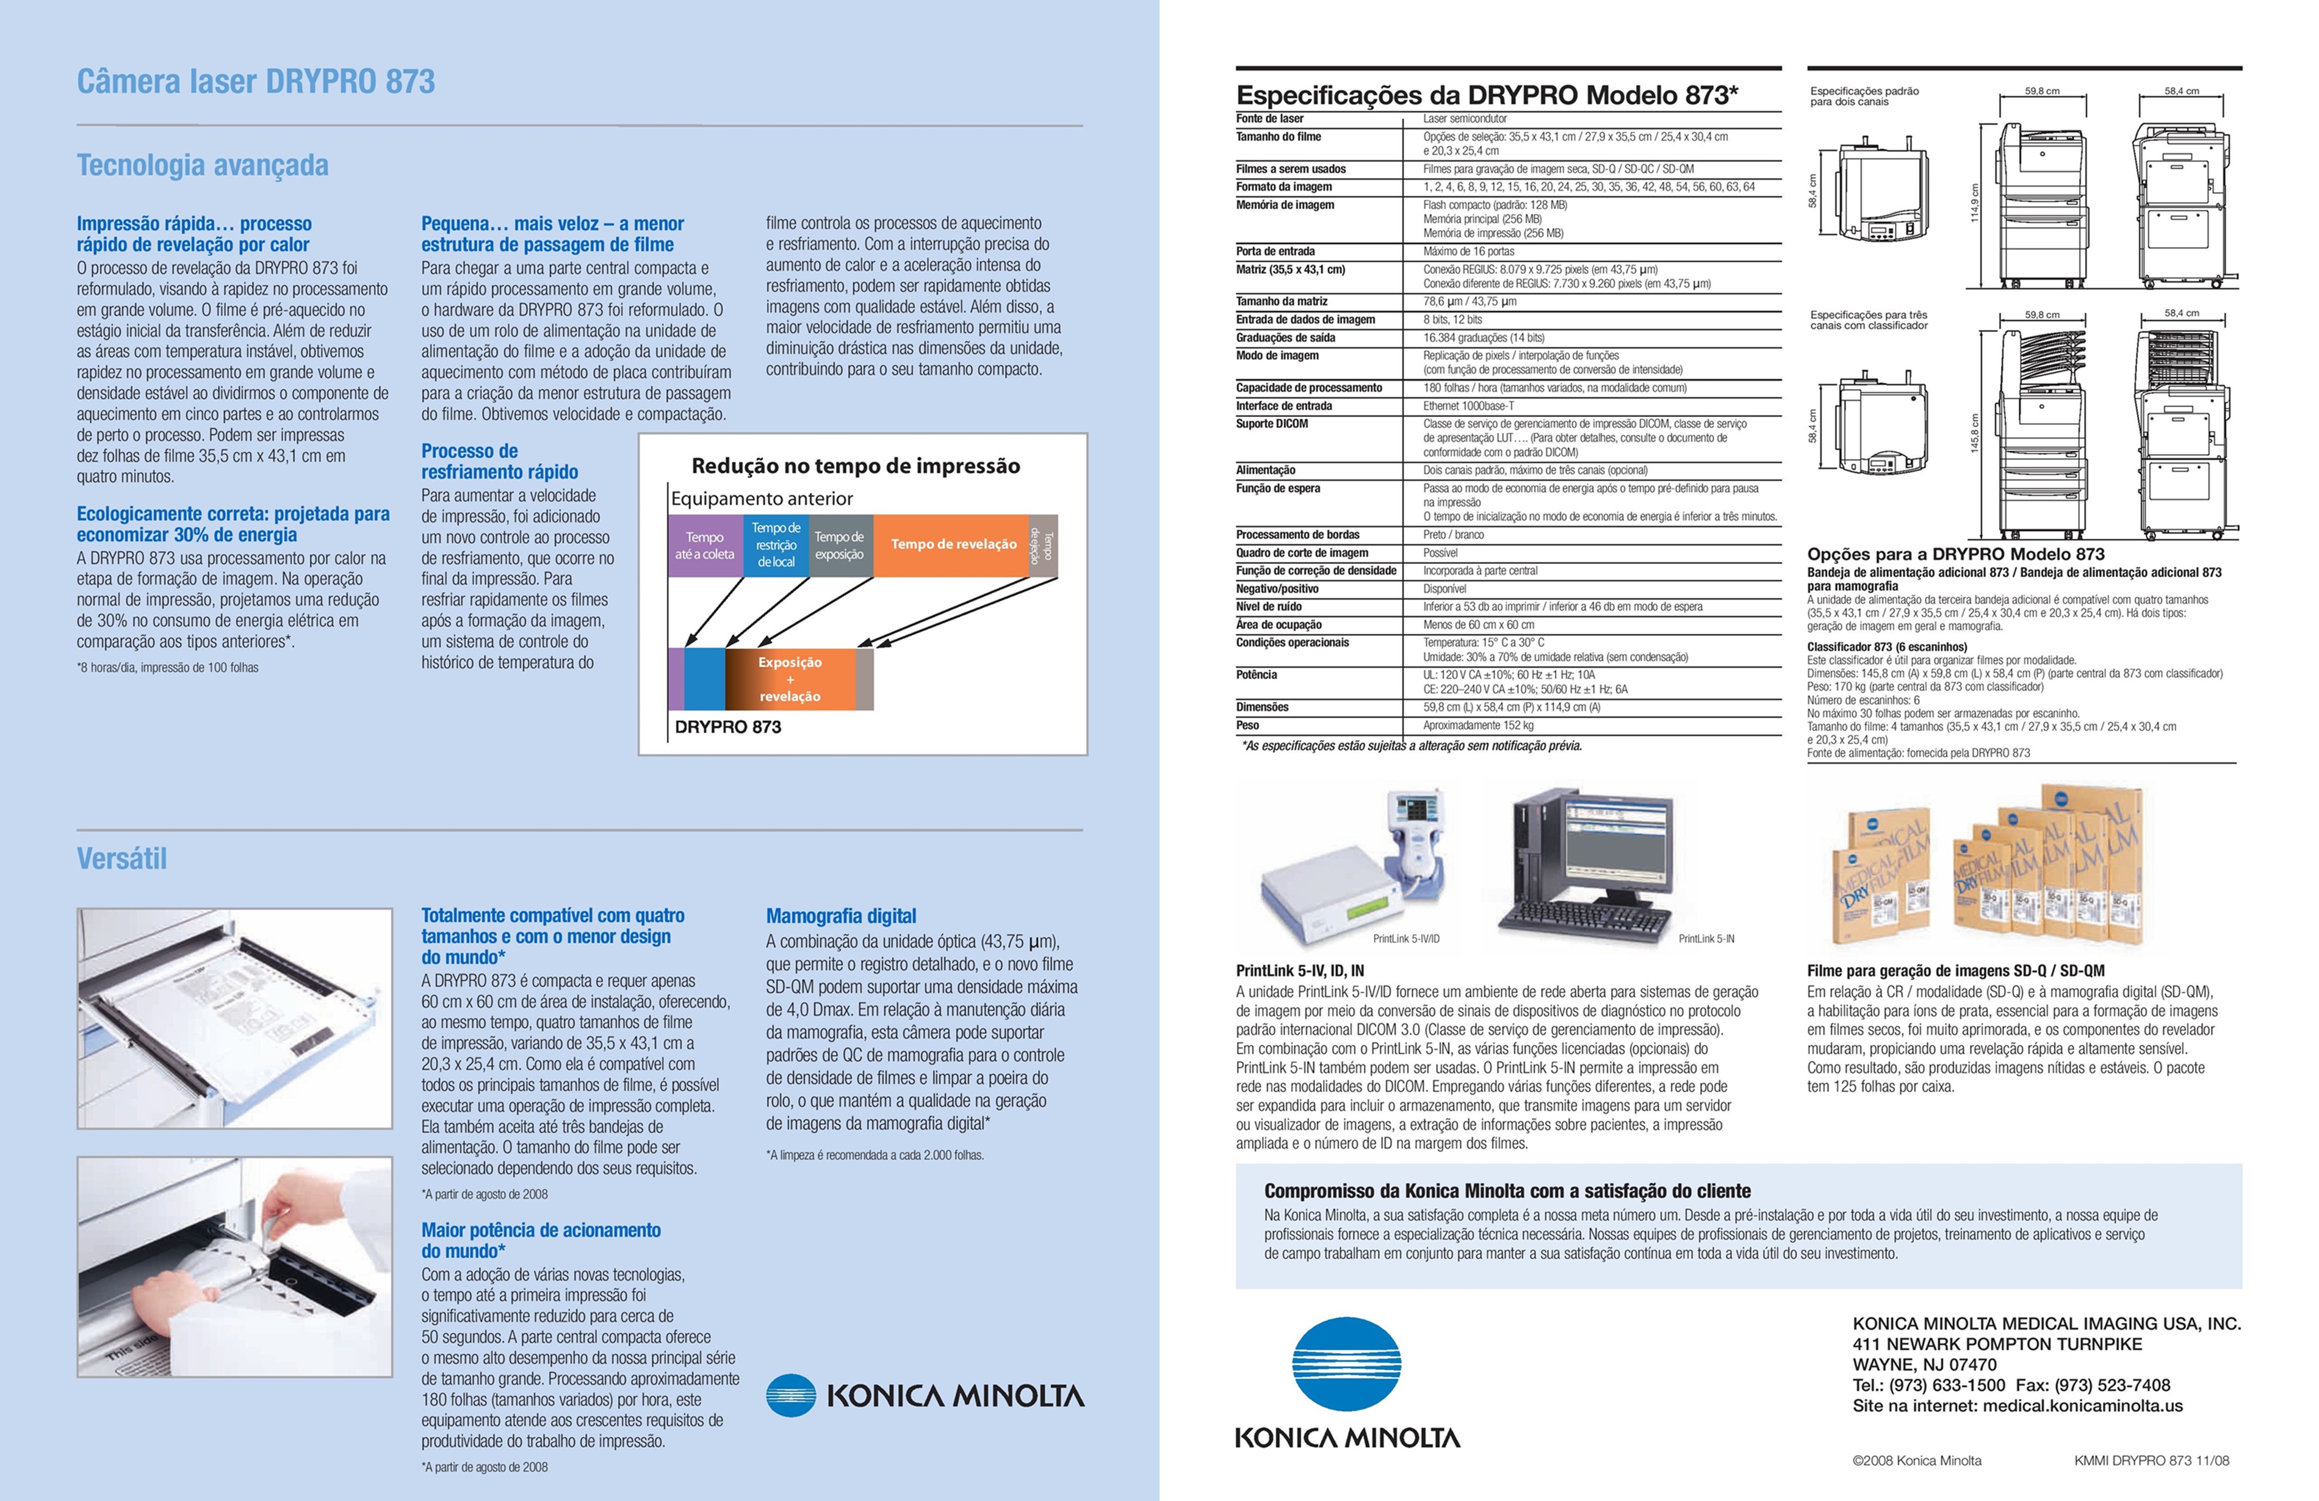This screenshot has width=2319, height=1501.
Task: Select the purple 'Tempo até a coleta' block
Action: point(704,546)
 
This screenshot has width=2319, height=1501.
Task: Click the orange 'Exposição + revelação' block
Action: point(790,678)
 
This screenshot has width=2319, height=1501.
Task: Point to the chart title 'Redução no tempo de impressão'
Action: point(856,466)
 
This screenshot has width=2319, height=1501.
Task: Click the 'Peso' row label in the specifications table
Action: point(1247,725)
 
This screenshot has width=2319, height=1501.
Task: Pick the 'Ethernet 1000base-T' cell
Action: point(1468,405)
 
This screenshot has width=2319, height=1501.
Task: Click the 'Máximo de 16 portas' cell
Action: point(1468,251)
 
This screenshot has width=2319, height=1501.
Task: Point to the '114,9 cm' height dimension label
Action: point(1975,203)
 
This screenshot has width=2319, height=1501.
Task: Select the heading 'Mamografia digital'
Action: point(841,916)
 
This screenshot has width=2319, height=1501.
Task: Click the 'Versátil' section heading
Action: point(122,859)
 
